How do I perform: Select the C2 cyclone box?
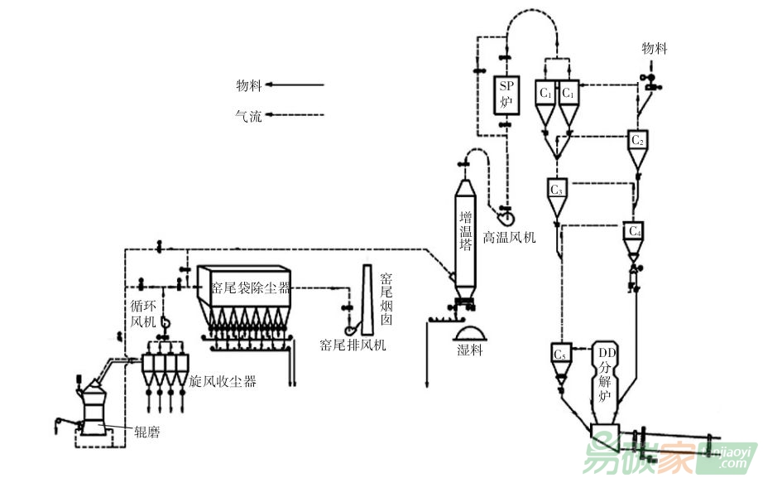click(637, 141)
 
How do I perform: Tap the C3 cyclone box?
click(557, 190)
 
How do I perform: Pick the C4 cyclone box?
click(634, 231)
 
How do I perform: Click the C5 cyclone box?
click(560, 354)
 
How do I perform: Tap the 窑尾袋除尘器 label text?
click(250, 287)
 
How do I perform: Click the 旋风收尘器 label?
click(223, 382)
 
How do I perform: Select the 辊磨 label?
click(147, 431)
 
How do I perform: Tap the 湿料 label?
click(470, 350)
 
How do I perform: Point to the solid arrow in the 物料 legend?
click(296, 85)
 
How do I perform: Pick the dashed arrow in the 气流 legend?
click(296, 116)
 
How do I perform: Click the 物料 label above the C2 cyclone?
click(654, 49)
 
